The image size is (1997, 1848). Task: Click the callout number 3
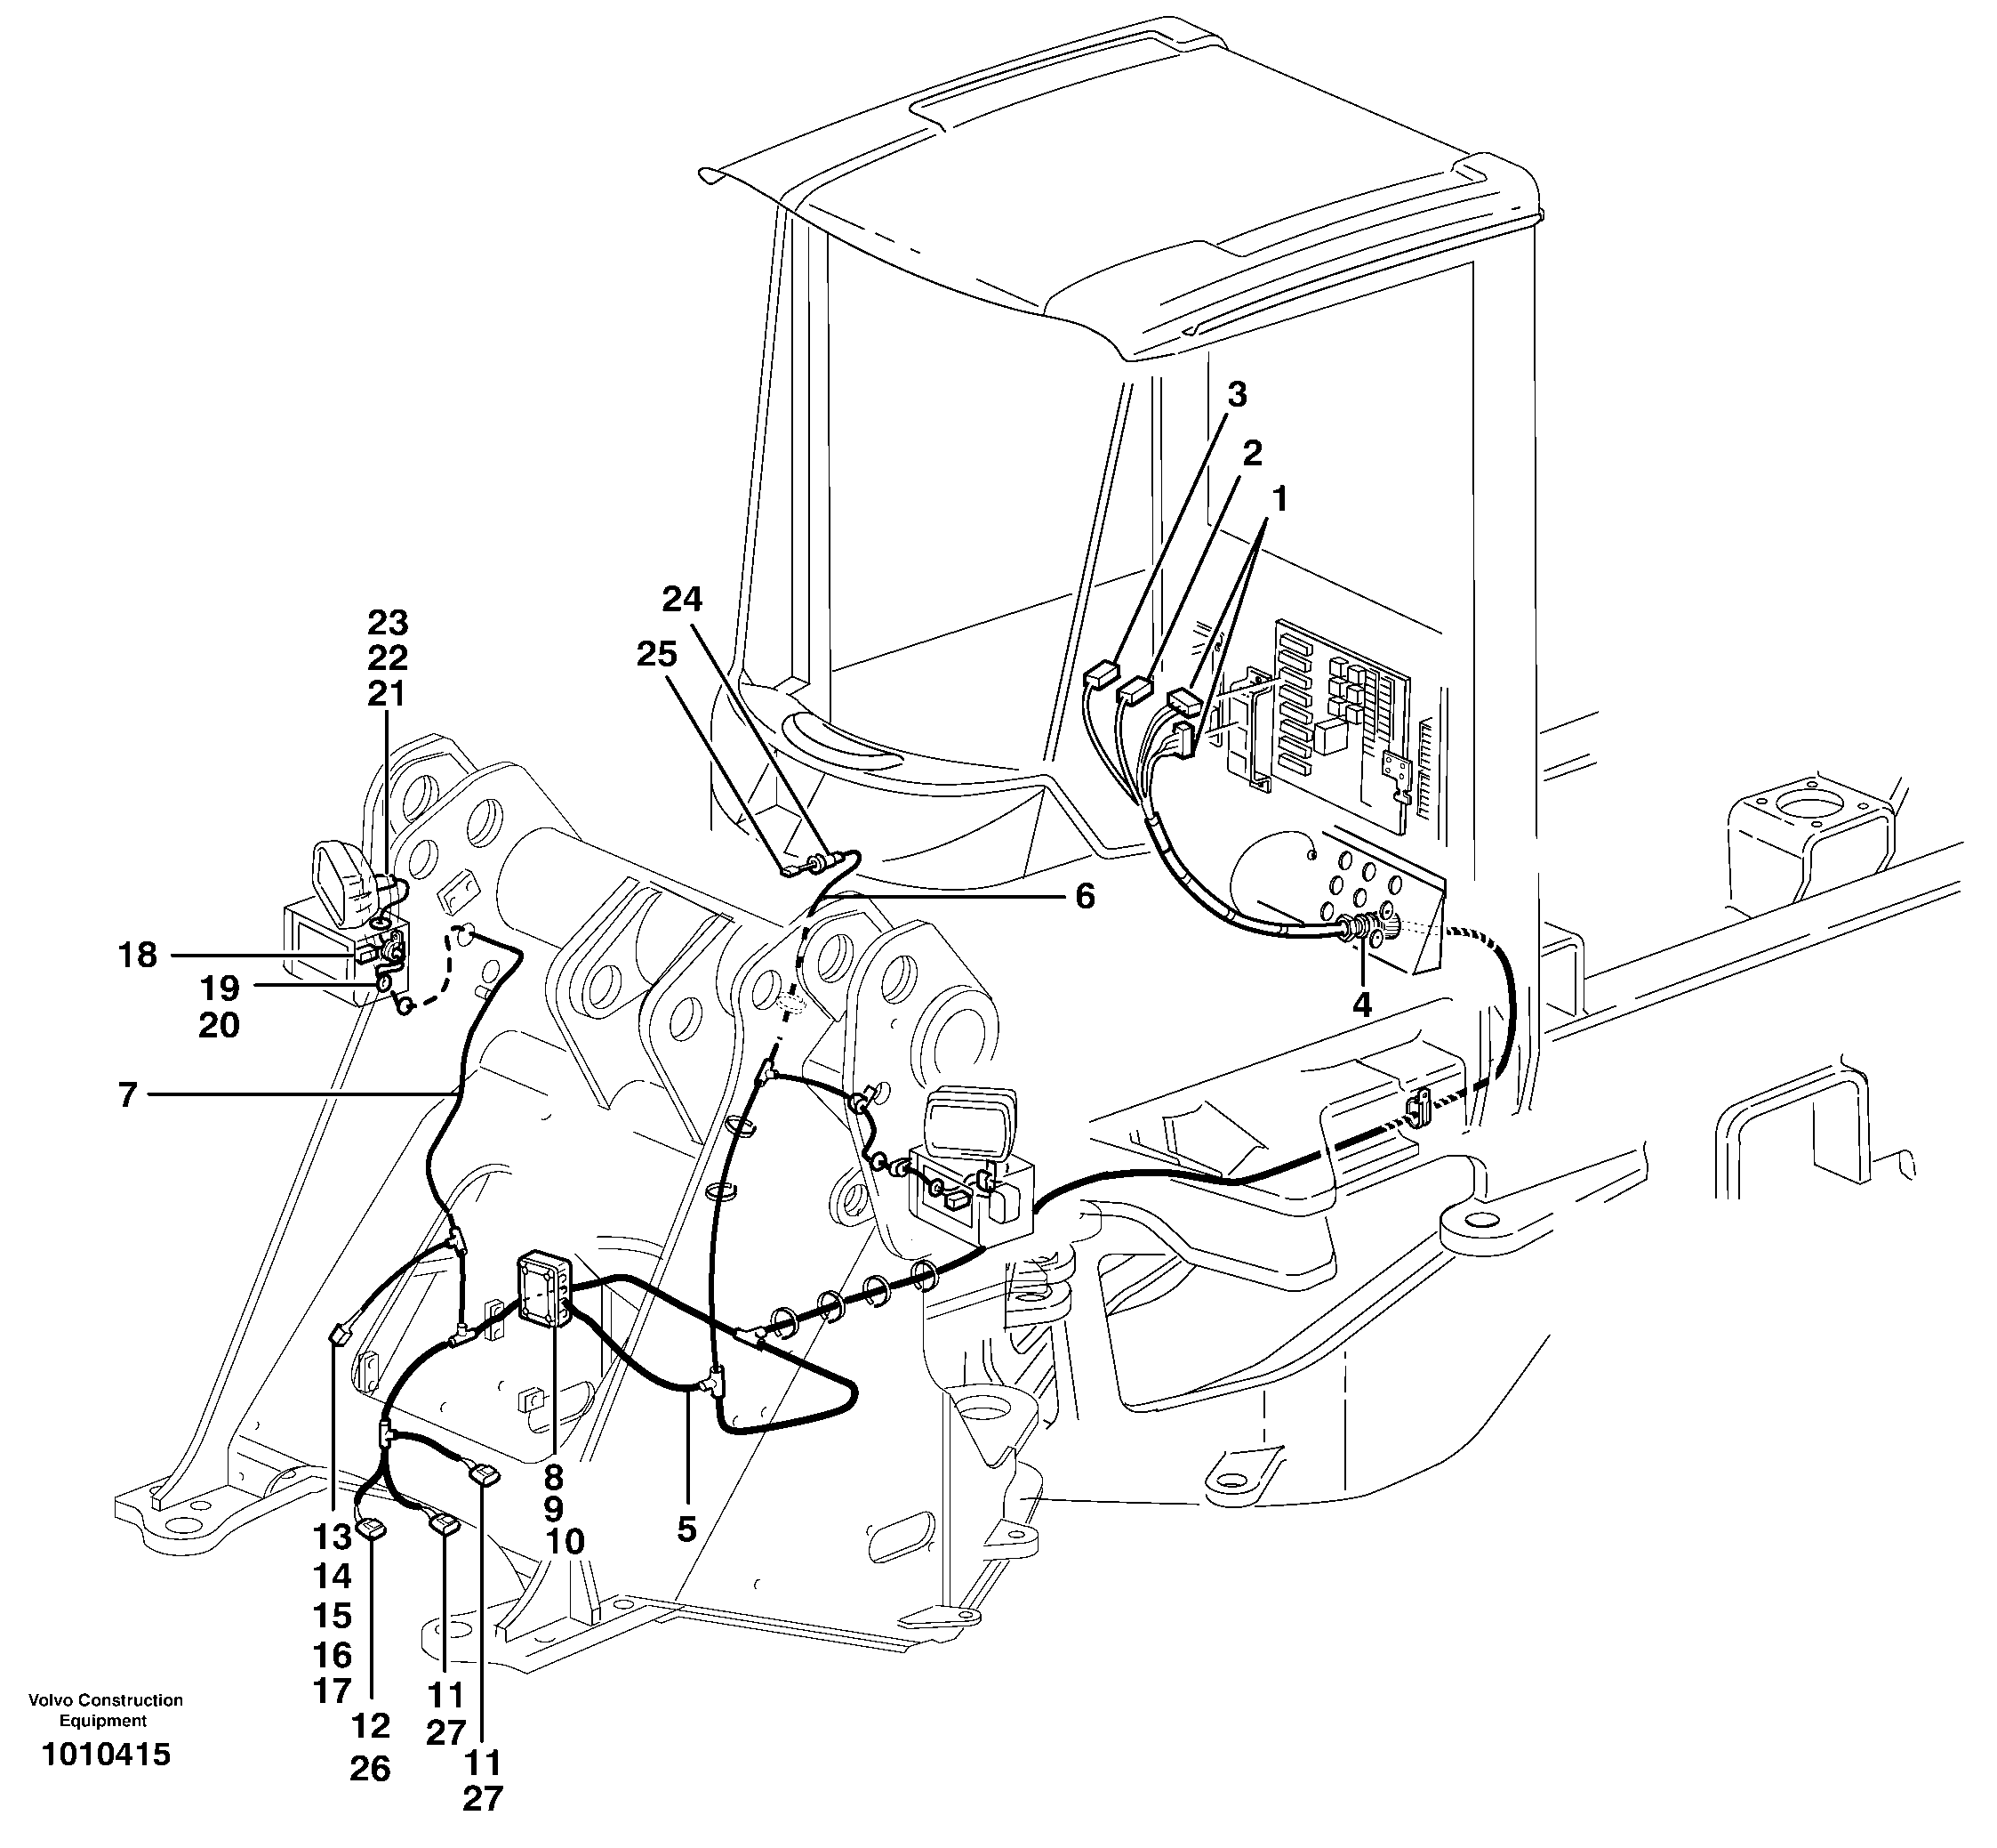click(x=1237, y=395)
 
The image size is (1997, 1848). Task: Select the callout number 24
click(x=682, y=600)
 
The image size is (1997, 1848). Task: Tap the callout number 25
click(x=657, y=655)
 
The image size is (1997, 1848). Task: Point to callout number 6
click(x=1085, y=897)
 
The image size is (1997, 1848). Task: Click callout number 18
click(x=137, y=956)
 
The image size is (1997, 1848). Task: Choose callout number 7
click(x=127, y=1096)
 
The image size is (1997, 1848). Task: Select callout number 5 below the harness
click(x=686, y=1529)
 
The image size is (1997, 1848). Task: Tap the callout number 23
click(x=388, y=623)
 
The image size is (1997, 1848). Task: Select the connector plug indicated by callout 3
click(x=1101, y=677)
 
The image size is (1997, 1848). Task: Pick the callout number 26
click(x=370, y=1769)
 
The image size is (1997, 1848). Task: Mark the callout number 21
click(x=387, y=694)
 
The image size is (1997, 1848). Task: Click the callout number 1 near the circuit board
click(x=1279, y=499)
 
